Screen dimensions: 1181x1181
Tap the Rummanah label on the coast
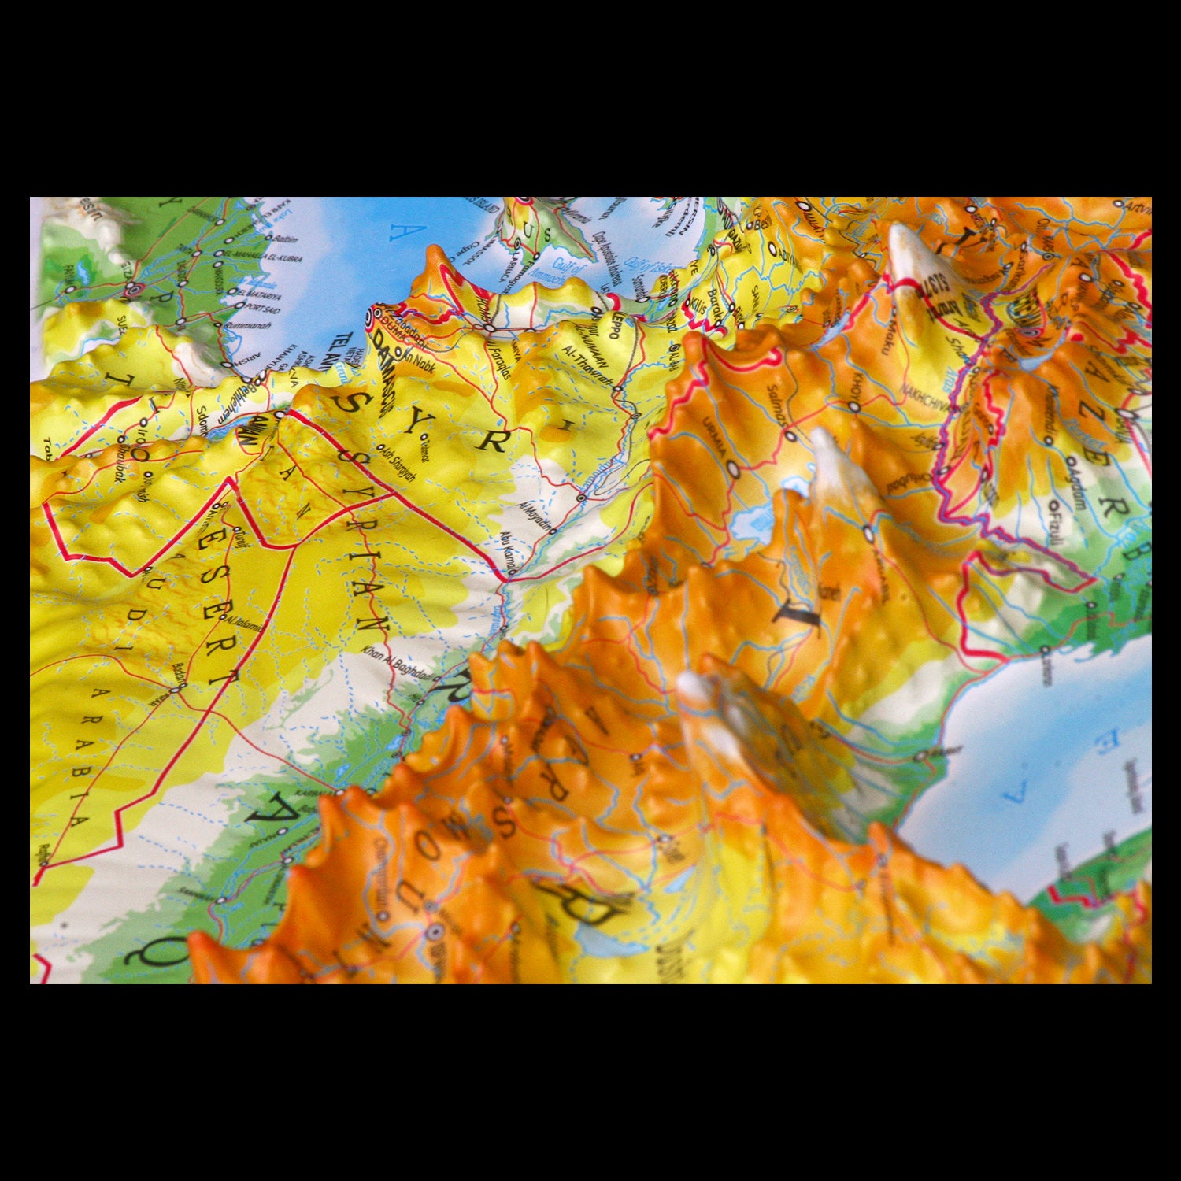point(249,324)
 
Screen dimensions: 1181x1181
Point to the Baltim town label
point(285,239)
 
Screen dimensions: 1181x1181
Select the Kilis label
point(698,306)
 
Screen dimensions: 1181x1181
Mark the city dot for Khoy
point(855,406)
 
